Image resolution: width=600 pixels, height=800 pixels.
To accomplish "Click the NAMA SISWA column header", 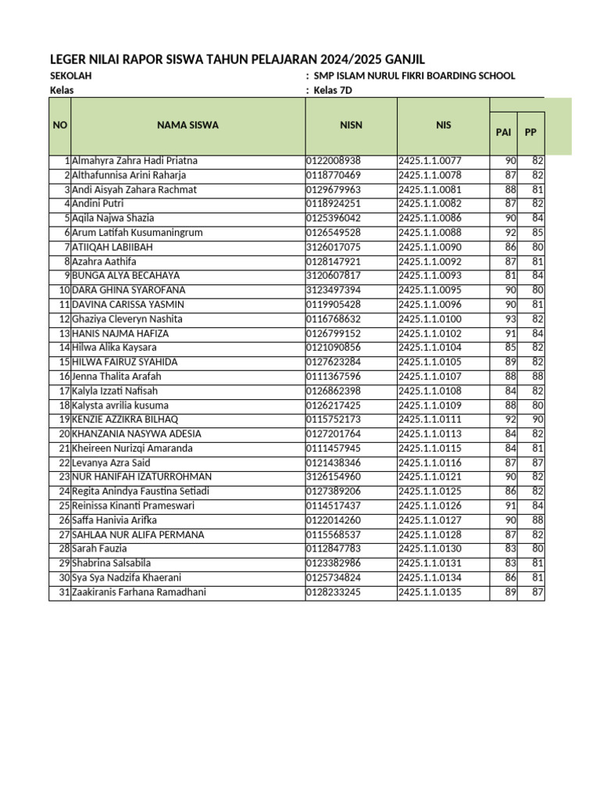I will tap(187, 125).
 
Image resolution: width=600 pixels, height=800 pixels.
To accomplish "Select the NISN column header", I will tap(351, 125).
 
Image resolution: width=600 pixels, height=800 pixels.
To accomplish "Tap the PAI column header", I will tap(503, 132).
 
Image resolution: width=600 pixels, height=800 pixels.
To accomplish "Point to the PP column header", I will tap(530, 132).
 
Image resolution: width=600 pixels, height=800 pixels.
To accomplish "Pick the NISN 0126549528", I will tap(333, 233).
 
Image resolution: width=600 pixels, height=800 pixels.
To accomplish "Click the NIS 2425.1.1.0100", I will tap(430, 319).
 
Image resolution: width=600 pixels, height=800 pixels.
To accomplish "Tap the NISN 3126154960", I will tap(333, 477).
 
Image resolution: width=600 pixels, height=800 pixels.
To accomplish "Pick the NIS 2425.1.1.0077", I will tap(430, 161).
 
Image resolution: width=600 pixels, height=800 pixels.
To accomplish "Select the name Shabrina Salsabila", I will tap(111, 563).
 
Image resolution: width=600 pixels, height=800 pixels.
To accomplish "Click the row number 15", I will tap(64, 362).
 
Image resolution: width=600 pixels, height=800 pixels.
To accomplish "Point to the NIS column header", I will tap(443, 125).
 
